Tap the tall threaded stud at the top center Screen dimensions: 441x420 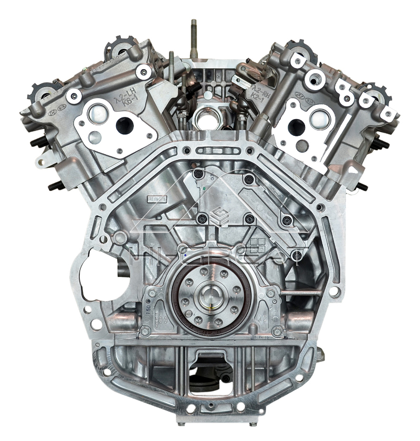click(x=194, y=39)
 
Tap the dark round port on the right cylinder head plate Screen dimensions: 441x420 click(x=296, y=126)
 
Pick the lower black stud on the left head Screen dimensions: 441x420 click(x=55, y=186)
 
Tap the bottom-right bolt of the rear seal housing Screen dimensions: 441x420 click(x=276, y=331)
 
